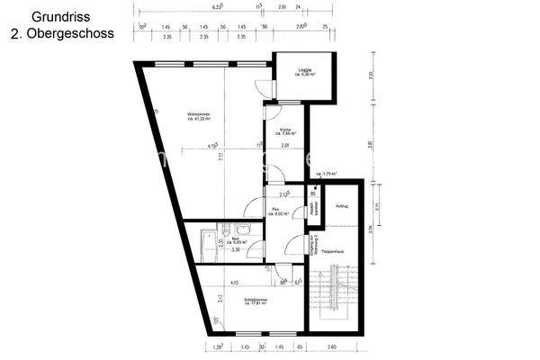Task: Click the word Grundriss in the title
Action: point(54,15)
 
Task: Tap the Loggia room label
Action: point(306,72)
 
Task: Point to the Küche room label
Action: point(285,131)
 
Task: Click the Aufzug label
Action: point(341,207)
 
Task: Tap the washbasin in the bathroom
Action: point(223,229)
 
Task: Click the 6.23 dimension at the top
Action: point(217,5)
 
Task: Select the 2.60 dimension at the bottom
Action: point(332,346)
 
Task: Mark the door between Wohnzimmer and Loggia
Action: point(261,90)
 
